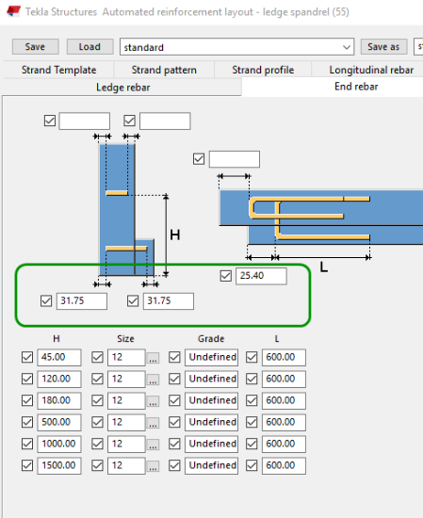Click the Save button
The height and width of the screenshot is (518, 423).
tap(36, 46)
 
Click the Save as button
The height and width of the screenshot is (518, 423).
tap(383, 46)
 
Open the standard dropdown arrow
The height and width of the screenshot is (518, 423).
tap(347, 47)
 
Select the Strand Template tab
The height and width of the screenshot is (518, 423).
tap(58, 70)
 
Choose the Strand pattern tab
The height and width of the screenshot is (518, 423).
tap(164, 70)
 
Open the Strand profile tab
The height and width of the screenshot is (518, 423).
tap(263, 70)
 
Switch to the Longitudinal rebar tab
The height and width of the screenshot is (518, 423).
tap(371, 70)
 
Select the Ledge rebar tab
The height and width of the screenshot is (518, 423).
tap(122, 88)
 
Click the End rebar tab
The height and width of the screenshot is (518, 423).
tap(356, 87)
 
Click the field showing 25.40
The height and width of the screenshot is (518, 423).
tap(261, 276)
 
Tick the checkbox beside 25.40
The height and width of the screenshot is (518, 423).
tap(226, 276)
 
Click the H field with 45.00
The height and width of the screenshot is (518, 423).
tap(59, 357)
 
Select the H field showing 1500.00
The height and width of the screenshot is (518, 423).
tap(59, 465)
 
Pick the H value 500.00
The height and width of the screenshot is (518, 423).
tap(59, 422)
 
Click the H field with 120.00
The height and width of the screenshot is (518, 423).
tap(59, 379)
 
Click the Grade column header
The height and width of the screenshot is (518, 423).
tap(211, 339)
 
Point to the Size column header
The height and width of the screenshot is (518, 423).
tap(125, 339)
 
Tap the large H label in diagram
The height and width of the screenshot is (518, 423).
tap(175, 235)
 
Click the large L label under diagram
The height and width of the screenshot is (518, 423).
tap(324, 267)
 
